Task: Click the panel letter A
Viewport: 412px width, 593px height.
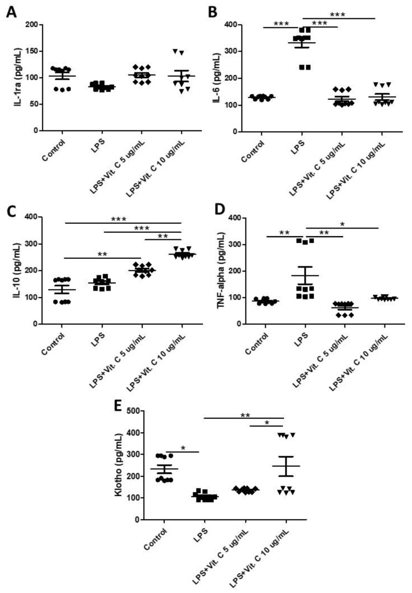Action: coord(10,12)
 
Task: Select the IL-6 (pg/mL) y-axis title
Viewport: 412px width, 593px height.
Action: coord(218,78)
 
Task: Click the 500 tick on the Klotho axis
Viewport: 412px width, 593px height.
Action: coord(139,411)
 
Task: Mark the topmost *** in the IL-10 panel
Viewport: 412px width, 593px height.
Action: coord(123,219)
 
